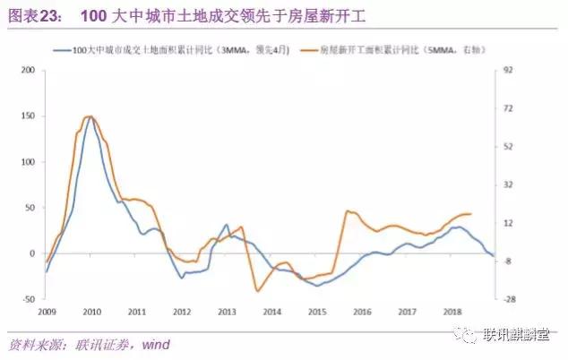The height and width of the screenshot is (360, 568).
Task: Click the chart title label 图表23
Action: tap(33, 16)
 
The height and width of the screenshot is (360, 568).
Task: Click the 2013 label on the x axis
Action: tap(227, 312)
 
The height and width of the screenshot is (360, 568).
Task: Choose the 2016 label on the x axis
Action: tap(363, 312)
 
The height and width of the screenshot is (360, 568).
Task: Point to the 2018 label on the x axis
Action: tap(453, 312)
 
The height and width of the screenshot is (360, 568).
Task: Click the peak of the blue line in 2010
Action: tap(90, 117)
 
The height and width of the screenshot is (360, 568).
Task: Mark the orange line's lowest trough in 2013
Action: tap(258, 291)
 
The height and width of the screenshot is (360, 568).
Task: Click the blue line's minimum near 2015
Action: tap(316, 286)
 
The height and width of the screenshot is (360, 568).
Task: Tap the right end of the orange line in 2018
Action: tap(472, 214)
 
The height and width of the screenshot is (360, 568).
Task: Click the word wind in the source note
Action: tap(154, 344)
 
